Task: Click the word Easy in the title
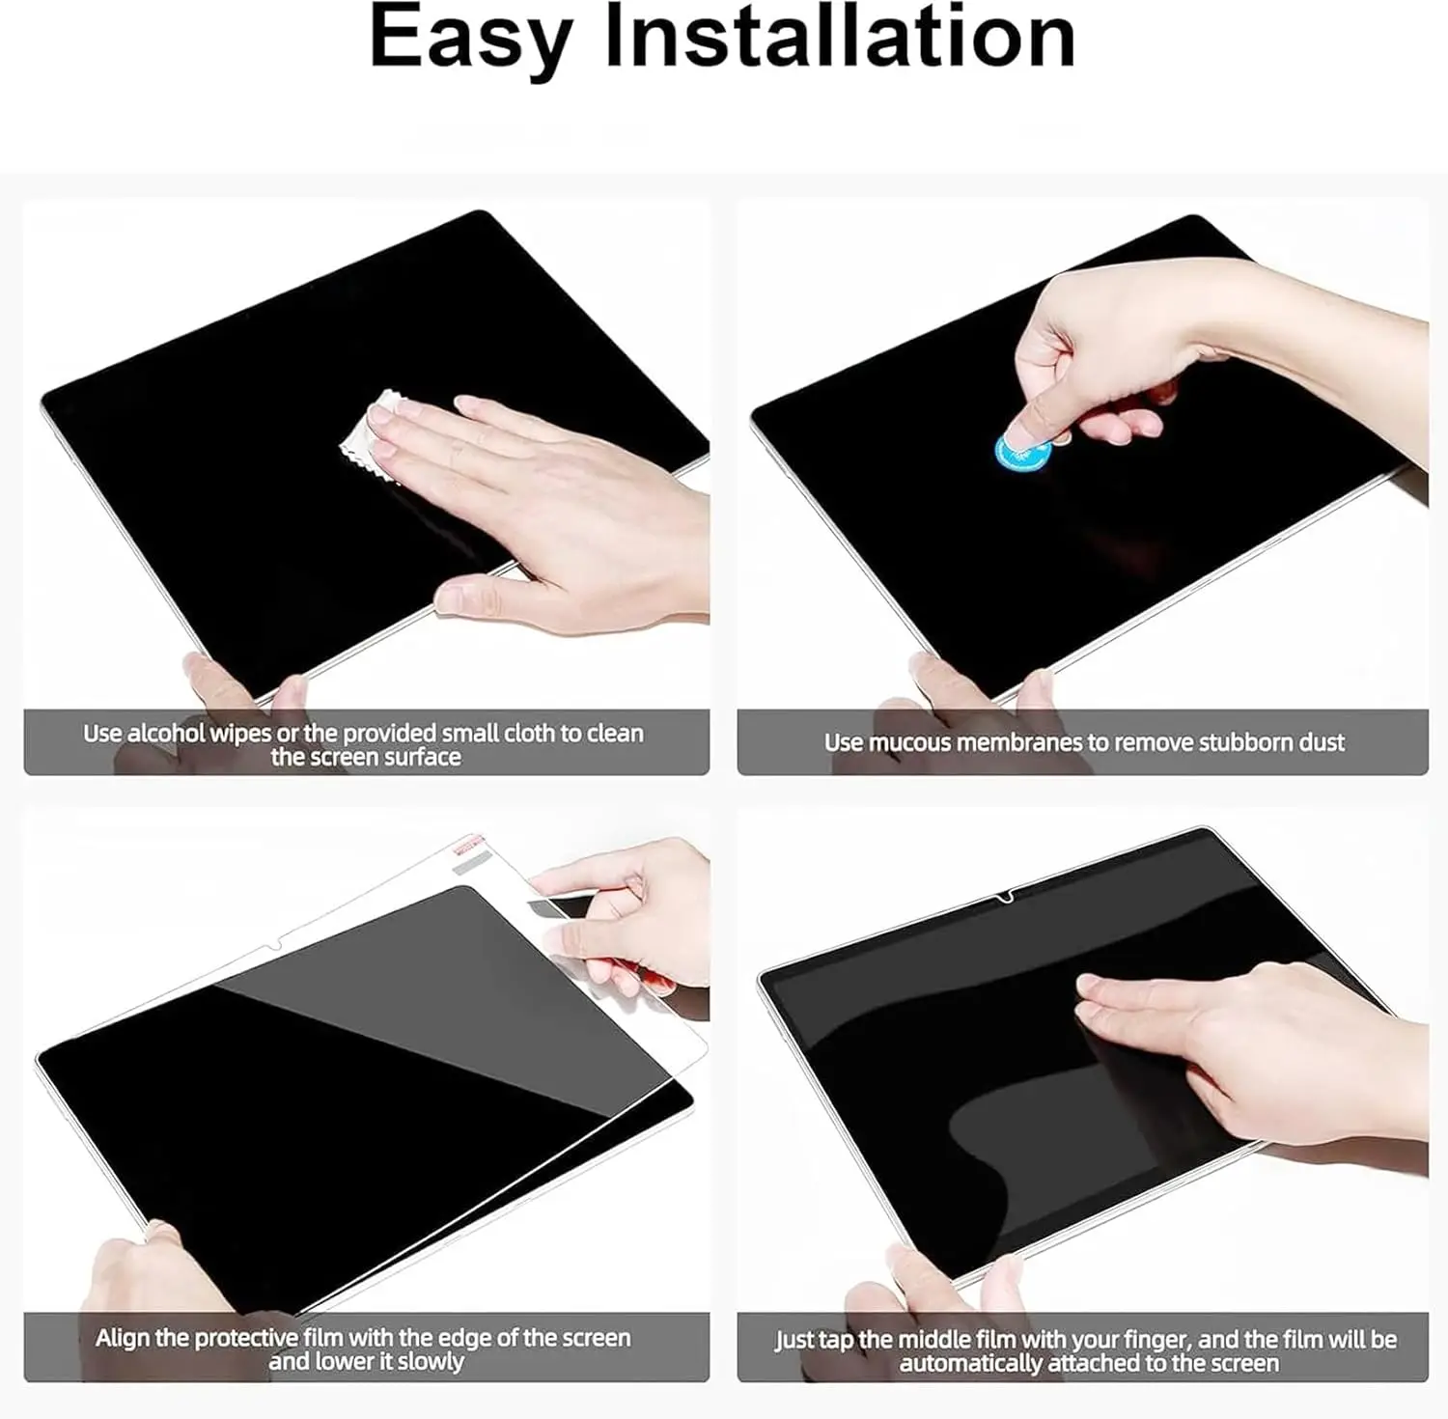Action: click(x=471, y=39)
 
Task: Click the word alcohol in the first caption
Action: click(x=166, y=734)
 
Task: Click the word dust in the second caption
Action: click(x=1319, y=742)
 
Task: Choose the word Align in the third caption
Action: click(x=123, y=1339)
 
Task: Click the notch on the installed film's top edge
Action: click(x=1005, y=899)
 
